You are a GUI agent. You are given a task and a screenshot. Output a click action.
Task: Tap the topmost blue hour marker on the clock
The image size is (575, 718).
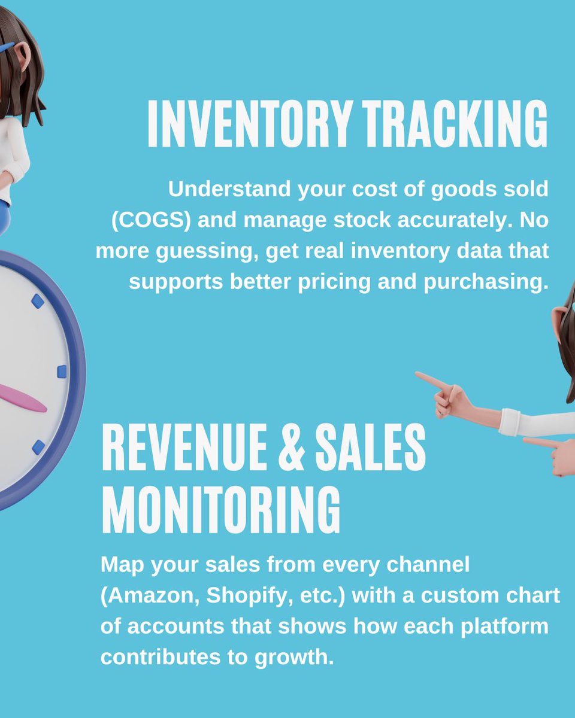(x=38, y=300)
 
